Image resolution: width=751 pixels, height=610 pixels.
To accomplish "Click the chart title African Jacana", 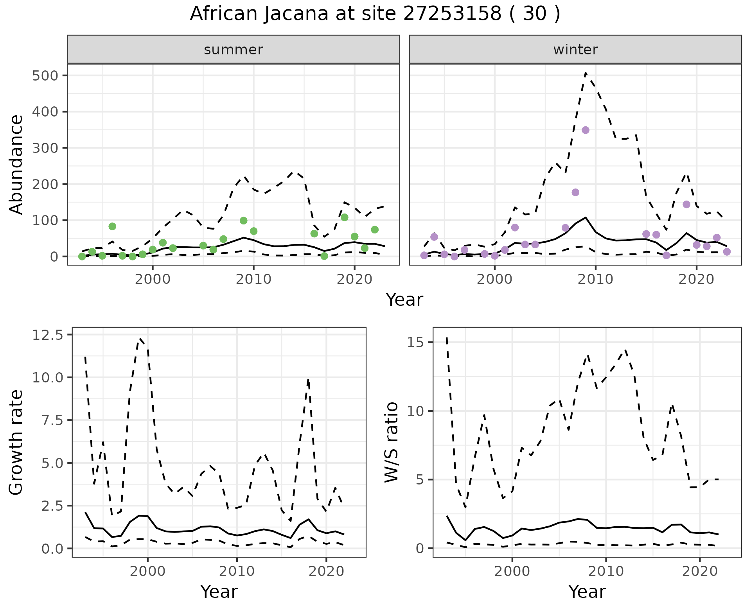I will [x=375, y=14].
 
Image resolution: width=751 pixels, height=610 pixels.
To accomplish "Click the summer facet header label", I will [x=234, y=50].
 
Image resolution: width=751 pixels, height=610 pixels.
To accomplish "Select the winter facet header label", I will [x=575, y=50].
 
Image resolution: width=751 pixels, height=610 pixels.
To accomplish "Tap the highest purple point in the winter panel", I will [x=586, y=130].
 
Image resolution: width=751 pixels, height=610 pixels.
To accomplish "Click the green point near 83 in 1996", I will [x=112, y=226].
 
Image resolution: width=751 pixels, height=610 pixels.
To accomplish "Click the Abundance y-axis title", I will [x=16, y=164].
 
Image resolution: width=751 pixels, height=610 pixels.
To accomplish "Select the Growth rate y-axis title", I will [x=16, y=443].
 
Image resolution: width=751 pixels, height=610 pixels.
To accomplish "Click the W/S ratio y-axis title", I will [x=391, y=443].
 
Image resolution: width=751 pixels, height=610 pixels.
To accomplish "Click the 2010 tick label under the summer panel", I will [x=253, y=279].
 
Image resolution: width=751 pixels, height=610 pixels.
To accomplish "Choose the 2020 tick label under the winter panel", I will [x=696, y=279].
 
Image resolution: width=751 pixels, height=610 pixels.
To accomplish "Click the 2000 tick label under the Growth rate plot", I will [x=147, y=571].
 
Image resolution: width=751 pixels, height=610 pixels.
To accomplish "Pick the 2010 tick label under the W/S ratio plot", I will [x=606, y=571].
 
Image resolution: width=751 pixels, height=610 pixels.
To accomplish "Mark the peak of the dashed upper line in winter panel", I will [x=586, y=73].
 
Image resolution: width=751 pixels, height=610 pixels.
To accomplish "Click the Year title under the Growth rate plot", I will [x=219, y=592].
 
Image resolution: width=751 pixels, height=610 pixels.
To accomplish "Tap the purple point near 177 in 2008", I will [x=575, y=192].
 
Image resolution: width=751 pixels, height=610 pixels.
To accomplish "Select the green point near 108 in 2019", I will [x=344, y=217].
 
